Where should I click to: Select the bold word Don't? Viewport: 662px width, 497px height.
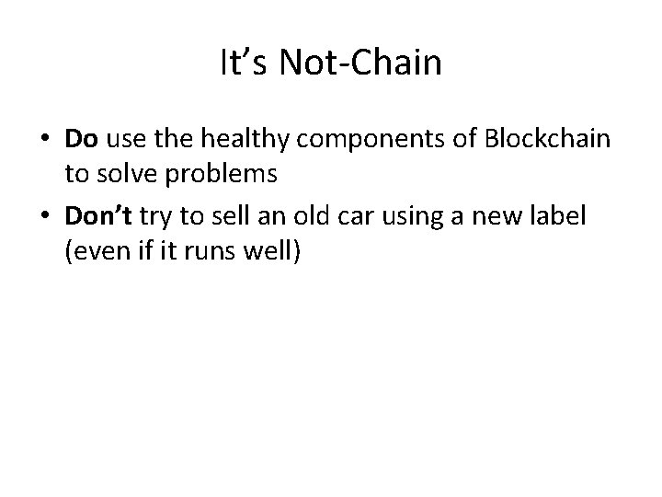tap(97, 216)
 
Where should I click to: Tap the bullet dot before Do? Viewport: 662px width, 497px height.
tap(43, 140)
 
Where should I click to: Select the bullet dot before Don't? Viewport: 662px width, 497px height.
tap(43, 217)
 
